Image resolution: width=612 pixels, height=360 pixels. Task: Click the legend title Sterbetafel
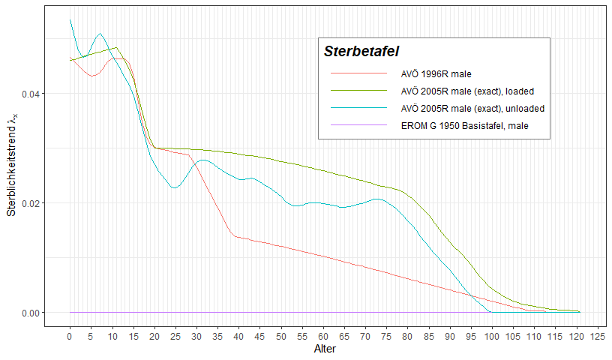pyautogui.click(x=361, y=52)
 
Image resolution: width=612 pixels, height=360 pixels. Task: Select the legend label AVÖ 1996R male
pyautogui.click(x=436, y=74)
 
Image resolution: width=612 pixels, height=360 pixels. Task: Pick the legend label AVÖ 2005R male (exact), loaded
pyautogui.click(x=467, y=91)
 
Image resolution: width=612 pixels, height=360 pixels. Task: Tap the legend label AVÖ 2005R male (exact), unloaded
pyautogui.click(x=472, y=109)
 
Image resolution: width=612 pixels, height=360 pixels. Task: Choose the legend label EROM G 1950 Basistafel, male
pyautogui.click(x=465, y=126)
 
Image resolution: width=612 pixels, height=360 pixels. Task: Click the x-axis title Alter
pyautogui.click(x=324, y=349)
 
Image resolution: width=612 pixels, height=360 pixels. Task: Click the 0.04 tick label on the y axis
pyautogui.click(x=29, y=94)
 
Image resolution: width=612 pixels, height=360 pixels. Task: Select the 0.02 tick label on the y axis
pyautogui.click(x=29, y=203)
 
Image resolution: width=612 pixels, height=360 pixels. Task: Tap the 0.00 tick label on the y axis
pyautogui.click(x=29, y=313)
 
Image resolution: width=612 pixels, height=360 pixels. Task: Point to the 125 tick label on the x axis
pyautogui.click(x=598, y=336)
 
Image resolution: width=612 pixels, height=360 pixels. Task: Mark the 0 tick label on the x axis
pyautogui.click(x=70, y=336)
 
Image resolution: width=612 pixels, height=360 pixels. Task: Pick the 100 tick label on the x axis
pyautogui.click(x=492, y=336)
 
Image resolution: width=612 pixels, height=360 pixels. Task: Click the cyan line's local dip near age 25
pyautogui.click(x=175, y=187)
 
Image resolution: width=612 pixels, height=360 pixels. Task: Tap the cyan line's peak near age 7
pyautogui.click(x=100, y=34)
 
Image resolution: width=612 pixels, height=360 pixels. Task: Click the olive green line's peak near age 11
pyautogui.click(x=115, y=48)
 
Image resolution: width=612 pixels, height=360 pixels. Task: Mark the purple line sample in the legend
pyautogui.click(x=358, y=125)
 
